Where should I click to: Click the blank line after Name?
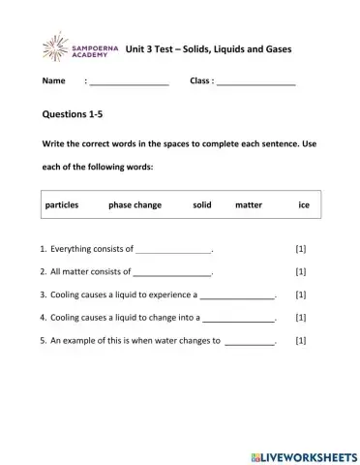[129, 83]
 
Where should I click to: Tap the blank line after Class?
[255, 83]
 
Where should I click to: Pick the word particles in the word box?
[65, 205]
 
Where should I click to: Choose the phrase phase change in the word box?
[135, 205]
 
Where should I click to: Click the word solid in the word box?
[201, 205]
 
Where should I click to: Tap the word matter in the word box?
[249, 205]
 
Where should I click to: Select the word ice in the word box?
[304, 205]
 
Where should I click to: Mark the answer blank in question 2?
[171, 273]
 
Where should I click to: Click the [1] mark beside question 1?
[300, 249]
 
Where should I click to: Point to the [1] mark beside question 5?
[300, 340]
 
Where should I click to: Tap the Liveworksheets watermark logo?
[302, 454]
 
